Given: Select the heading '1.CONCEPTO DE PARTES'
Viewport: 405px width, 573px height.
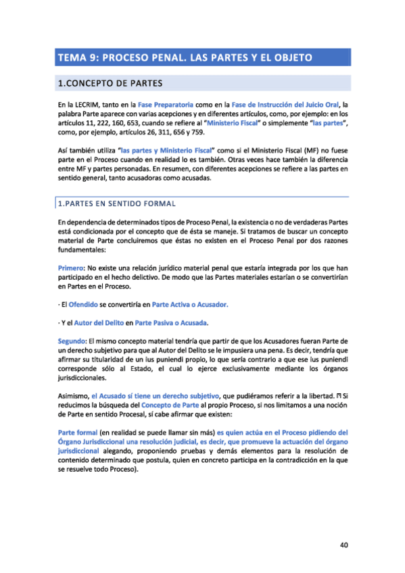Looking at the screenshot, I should [x=110, y=84].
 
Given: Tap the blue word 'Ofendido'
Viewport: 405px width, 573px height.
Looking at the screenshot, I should [x=83, y=304].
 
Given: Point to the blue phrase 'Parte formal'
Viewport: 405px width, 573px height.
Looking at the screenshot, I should [x=77, y=431].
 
